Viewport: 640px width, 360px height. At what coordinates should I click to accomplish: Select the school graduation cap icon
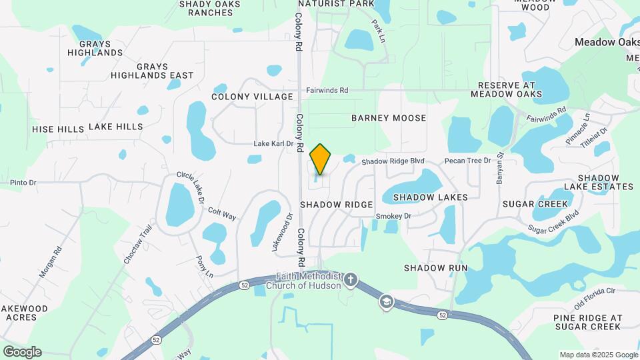click(385, 303)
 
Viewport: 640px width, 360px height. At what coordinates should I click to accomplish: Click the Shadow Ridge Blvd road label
click(393, 161)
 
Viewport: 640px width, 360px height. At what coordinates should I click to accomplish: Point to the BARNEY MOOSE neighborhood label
click(389, 118)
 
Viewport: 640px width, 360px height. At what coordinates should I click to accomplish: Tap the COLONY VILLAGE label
click(252, 97)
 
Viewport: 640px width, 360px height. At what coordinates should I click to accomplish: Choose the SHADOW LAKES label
click(430, 197)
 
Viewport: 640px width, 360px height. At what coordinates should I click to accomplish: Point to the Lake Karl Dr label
click(273, 144)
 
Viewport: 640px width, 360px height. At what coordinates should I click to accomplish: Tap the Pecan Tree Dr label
click(467, 161)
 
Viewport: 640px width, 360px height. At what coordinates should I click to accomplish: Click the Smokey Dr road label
click(393, 216)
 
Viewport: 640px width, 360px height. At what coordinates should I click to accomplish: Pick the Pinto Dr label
click(23, 182)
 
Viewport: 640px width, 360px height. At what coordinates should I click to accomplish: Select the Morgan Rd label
click(50, 262)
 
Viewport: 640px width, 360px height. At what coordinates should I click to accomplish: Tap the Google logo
click(22, 351)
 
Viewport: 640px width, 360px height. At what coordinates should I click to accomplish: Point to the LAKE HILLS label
click(115, 127)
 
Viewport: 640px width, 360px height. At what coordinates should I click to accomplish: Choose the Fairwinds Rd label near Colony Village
click(327, 90)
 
